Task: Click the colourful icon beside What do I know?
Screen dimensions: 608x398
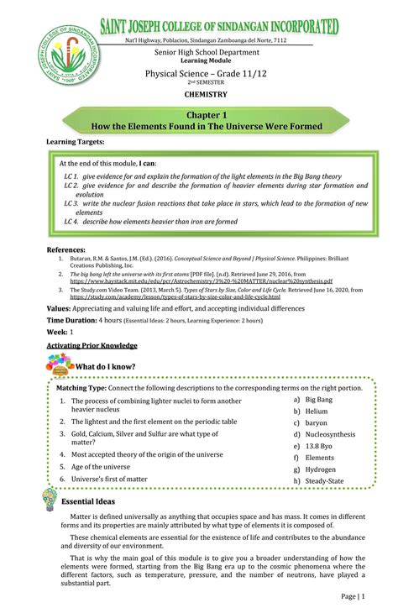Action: pyautogui.click(x=61, y=364)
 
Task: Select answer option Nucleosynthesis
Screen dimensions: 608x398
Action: pyautogui.click(x=329, y=435)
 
